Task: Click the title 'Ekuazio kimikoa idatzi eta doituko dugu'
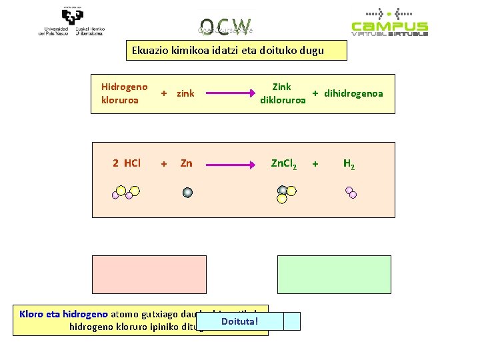[227, 51]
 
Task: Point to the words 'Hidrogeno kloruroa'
[124, 94]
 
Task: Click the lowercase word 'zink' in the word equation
[185, 94]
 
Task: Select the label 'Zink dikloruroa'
[283, 94]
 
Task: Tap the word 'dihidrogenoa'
[353, 94]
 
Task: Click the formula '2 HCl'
[127, 163]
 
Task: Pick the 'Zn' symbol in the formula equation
[187, 163]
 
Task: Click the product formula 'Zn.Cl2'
[284, 163]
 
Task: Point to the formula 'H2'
[349, 163]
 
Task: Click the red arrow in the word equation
[227, 94]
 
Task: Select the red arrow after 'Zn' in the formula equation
[227, 163]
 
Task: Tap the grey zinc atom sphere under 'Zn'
[188, 193]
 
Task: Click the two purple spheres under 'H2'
[350, 193]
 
